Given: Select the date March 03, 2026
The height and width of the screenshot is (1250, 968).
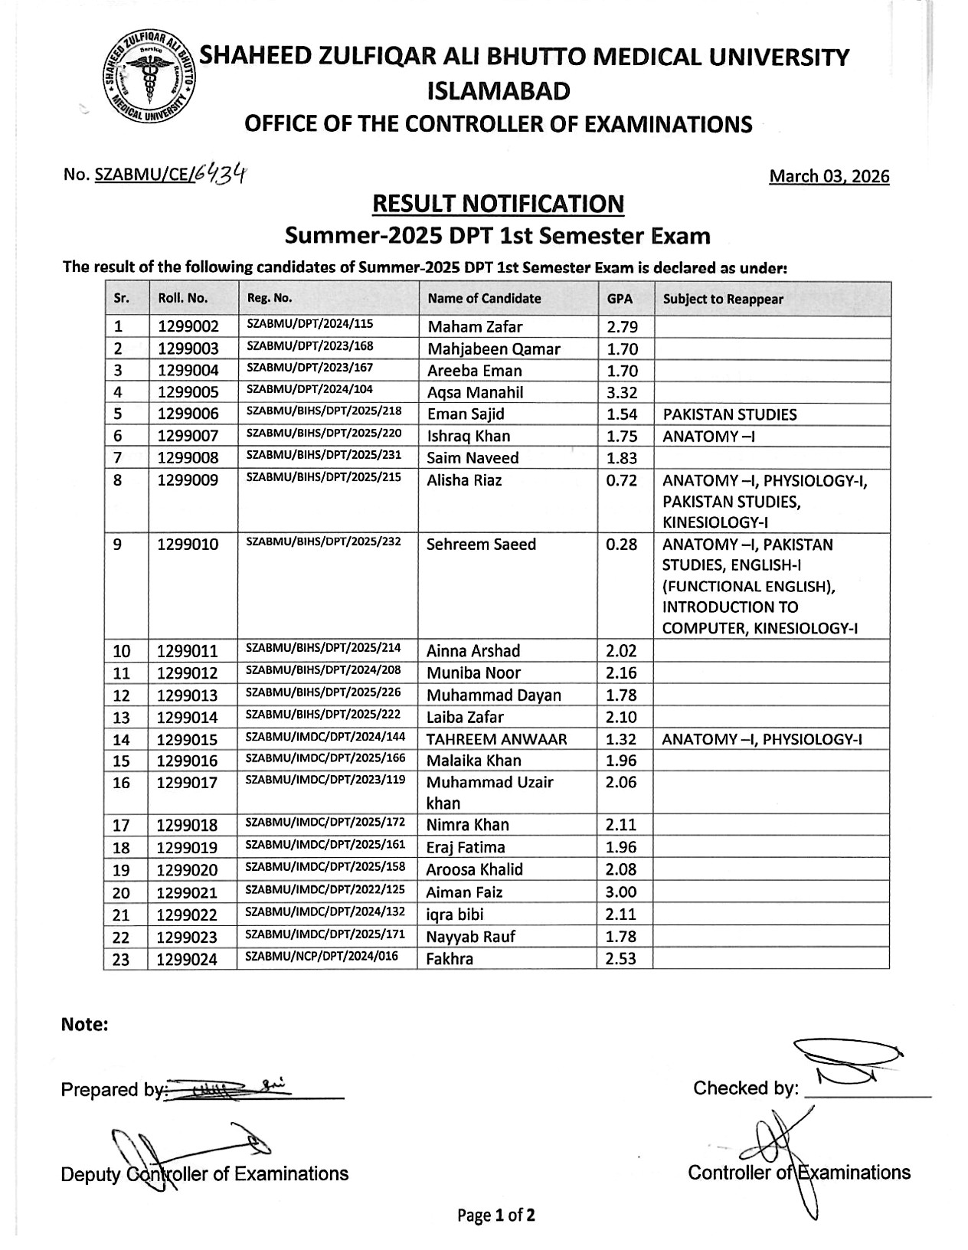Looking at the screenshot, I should [x=829, y=177].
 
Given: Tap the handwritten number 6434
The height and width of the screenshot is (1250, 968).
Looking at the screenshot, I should [x=219, y=175].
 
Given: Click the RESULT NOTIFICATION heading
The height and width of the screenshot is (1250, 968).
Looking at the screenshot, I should [x=497, y=204].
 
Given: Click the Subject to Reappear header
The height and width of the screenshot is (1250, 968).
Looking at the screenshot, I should [x=723, y=299].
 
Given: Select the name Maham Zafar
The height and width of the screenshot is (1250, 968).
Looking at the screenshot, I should [x=475, y=327].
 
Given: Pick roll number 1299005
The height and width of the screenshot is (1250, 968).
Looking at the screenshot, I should [x=188, y=393].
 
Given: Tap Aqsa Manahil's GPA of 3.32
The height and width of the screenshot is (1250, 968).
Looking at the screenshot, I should [x=621, y=392].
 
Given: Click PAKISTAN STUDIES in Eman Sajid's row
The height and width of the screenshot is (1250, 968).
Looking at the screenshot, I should [x=729, y=415].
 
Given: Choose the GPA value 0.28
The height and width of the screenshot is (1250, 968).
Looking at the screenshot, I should [x=621, y=545].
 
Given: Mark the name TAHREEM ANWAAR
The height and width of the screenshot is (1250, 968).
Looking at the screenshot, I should [x=496, y=739].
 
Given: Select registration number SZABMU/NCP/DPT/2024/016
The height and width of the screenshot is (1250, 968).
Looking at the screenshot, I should [x=322, y=957].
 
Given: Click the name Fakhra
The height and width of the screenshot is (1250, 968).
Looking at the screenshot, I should [x=450, y=959].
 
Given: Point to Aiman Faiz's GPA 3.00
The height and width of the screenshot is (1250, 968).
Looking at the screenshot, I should [x=620, y=892].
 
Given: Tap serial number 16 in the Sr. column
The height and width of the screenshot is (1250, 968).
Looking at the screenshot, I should [x=122, y=783].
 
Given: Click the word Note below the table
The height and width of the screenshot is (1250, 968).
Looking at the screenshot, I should [x=84, y=1025].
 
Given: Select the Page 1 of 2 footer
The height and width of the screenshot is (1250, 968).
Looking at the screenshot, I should [x=496, y=1215].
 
